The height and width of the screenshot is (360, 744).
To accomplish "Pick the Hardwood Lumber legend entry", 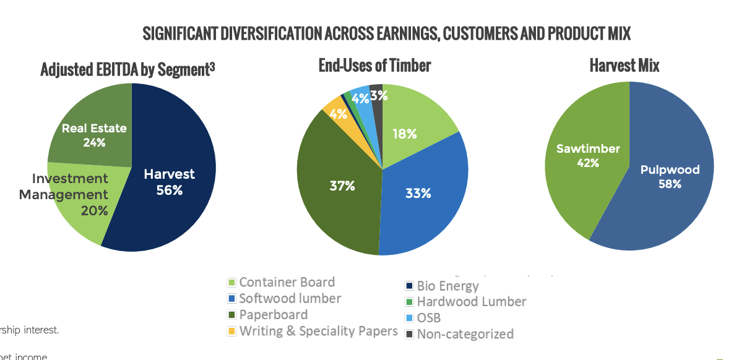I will click(470, 302).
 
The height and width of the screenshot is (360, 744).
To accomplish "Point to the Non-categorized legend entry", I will click(464, 334).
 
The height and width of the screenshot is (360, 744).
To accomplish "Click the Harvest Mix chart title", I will click(624, 66).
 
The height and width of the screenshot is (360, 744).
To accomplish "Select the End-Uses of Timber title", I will click(374, 66).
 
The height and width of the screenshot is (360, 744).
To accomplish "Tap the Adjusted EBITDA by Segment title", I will click(128, 69).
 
